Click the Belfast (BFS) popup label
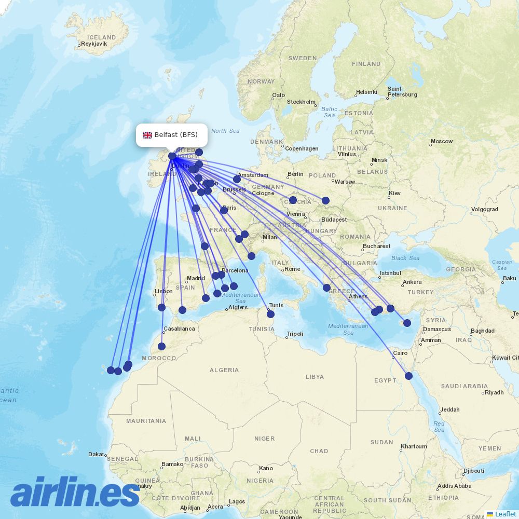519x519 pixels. (x=176, y=135)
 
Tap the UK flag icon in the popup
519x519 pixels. (x=148, y=135)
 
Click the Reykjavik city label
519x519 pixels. (x=94, y=44)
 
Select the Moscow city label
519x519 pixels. (x=442, y=141)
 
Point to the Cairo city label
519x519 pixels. (x=400, y=353)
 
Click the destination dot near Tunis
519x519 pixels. (x=270, y=314)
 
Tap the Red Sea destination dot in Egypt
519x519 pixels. (x=409, y=376)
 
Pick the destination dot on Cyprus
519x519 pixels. (x=407, y=323)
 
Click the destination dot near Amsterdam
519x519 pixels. (x=237, y=179)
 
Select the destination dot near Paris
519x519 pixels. (x=224, y=210)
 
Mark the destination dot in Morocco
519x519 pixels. (x=162, y=346)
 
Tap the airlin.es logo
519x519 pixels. (x=75, y=493)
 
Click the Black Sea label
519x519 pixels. (x=406, y=258)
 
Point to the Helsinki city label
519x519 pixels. (x=367, y=92)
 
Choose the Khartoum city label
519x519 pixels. (x=414, y=446)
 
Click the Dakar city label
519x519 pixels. (x=96, y=454)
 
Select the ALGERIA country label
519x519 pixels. (x=224, y=370)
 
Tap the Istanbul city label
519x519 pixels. (x=390, y=273)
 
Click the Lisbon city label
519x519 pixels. (x=163, y=291)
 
